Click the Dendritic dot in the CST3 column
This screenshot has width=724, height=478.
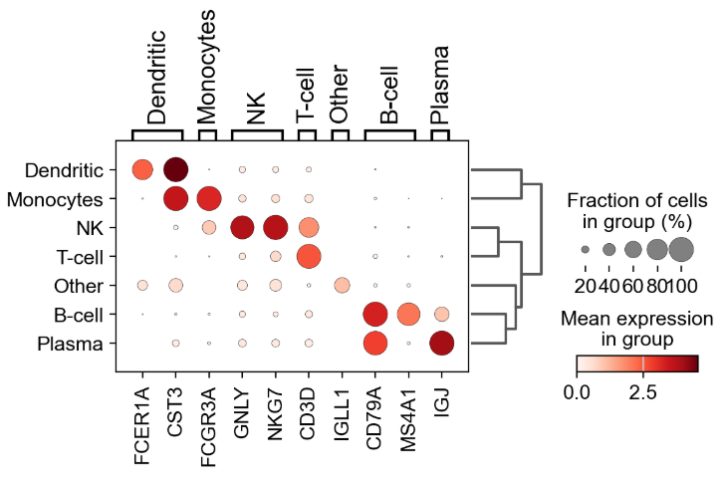[175, 170]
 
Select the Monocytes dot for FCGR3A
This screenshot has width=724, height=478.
[209, 199]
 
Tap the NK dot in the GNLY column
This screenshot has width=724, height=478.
[242, 228]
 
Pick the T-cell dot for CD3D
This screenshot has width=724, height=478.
[309, 257]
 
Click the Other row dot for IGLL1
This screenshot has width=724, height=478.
[342, 286]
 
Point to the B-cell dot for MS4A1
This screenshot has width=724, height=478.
[408, 315]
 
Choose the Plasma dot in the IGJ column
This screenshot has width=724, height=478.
[441, 344]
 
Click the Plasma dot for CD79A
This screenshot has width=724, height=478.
[375, 344]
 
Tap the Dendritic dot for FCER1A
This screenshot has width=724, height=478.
[142, 170]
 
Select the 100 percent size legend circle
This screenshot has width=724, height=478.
[680, 249]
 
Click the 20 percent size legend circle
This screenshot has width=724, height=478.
[585, 249]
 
